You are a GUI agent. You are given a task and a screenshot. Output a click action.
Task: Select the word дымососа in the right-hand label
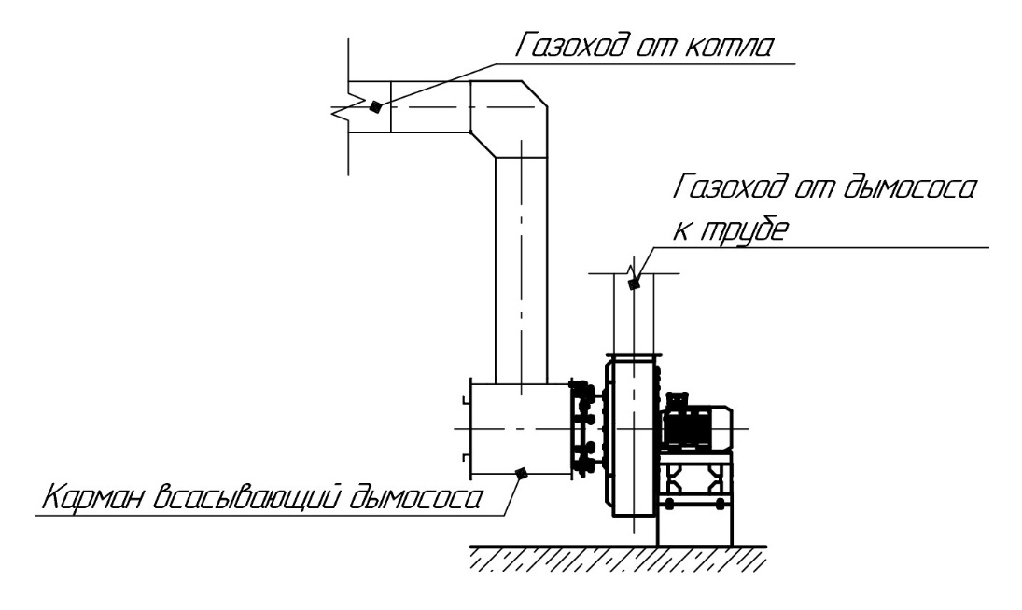coord(897,191)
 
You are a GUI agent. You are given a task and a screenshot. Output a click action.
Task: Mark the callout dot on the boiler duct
coord(374,106)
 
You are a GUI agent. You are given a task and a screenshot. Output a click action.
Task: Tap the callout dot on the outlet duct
coord(634,285)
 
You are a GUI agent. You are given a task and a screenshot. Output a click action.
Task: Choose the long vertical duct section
coord(519,270)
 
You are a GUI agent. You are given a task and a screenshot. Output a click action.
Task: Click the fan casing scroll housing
coord(631,438)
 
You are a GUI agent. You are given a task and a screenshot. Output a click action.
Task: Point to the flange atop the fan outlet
coord(634,355)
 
